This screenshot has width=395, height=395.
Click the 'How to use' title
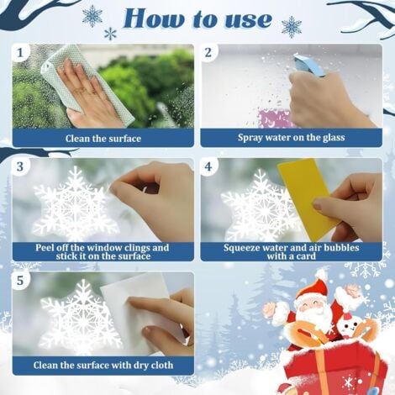[x=197, y=18]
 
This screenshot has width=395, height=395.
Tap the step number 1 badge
[x=20, y=53]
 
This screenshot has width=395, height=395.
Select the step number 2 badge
[x=208, y=53]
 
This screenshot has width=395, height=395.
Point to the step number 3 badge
[x=20, y=166]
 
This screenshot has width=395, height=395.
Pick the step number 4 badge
[x=208, y=166]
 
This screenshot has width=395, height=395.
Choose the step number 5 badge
[x=20, y=279]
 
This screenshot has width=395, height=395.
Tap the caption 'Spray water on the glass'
[x=291, y=138]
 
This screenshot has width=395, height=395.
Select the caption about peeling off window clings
[x=102, y=252]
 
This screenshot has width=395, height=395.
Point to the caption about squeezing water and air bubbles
[x=291, y=252]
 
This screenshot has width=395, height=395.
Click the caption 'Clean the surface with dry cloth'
[x=102, y=366]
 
